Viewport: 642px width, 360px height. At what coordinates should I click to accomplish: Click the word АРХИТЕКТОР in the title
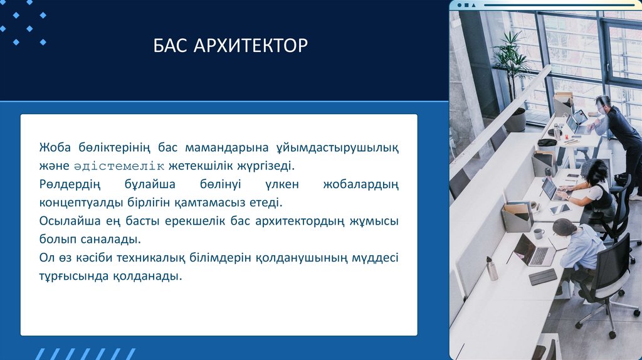(251, 45)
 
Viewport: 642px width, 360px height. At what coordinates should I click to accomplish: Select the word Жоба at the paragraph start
(55, 147)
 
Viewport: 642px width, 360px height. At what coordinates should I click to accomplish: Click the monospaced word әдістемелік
(119, 166)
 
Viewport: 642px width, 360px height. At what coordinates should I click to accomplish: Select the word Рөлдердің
(70, 185)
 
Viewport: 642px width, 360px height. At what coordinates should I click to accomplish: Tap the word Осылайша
(70, 221)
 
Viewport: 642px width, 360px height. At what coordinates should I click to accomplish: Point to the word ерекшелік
(195, 221)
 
